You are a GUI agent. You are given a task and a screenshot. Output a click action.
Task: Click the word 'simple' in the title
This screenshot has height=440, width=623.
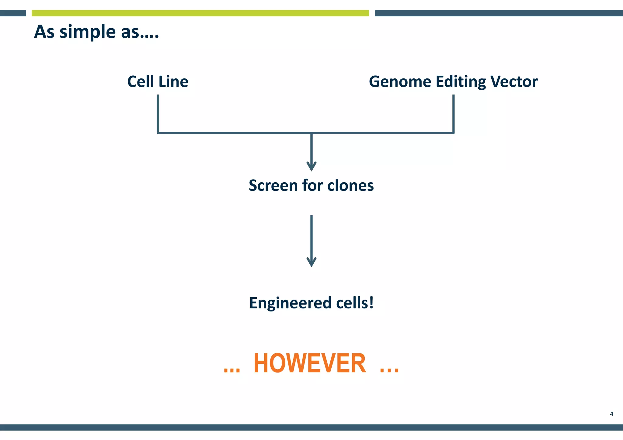(x=88, y=32)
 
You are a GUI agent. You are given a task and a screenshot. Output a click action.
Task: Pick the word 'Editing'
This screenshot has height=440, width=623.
(x=461, y=82)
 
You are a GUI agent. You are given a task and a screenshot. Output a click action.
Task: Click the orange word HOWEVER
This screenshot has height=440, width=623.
(x=309, y=363)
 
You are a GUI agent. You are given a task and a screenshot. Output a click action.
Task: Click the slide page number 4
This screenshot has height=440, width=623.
(x=611, y=414)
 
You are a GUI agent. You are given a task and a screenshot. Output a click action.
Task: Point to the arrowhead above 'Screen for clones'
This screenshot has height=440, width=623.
(x=311, y=167)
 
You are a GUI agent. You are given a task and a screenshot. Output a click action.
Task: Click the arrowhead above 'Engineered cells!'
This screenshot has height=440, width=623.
(x=311, y=263)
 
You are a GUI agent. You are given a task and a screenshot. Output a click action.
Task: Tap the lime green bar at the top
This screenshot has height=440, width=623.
(x=200, y=13)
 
